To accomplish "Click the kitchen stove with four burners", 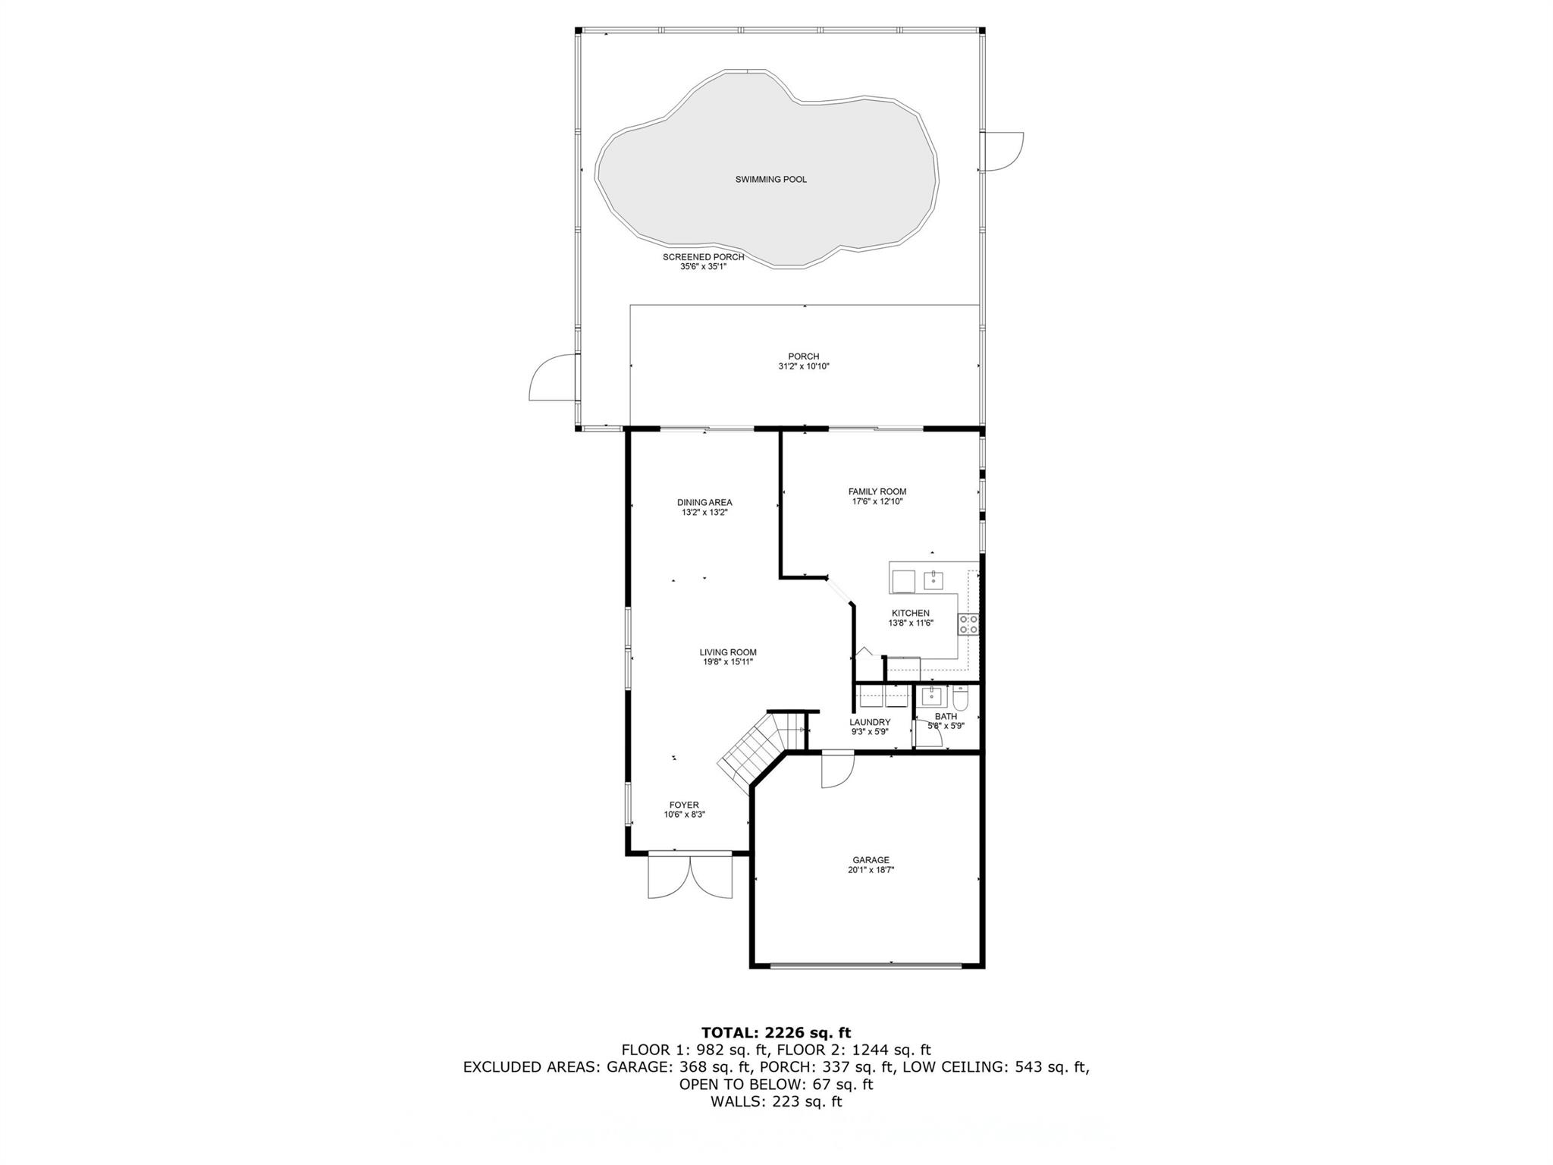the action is (968, 624).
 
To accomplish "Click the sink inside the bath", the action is (932, 696).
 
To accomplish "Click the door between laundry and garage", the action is (838, 768).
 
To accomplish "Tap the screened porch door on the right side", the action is (1002, 152).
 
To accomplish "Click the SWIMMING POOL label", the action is (770, 180).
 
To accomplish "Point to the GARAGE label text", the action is (871, 860).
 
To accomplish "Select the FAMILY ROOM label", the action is (877, 491).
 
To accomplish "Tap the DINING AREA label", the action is (704, 502).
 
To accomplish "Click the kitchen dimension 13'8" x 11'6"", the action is (911, 623).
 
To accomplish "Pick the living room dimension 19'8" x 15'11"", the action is (728, 662).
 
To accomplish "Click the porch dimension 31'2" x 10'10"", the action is (804, 366).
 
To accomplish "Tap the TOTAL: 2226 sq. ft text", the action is (776, 1032).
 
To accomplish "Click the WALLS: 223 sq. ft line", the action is (776, 1101).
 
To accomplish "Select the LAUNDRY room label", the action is (870, 722).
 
